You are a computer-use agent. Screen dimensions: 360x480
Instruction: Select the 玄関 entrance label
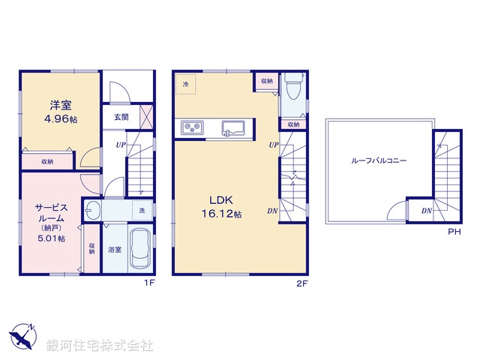[x=121, y=117]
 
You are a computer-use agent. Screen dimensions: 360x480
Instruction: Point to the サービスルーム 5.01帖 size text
[x=52, y=238]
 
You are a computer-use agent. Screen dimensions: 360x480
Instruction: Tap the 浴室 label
[x=114, y=248]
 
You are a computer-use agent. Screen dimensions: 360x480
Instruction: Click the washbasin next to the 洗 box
[x=94, y=209]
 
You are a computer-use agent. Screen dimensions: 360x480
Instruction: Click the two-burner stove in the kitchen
[x=191, y=128]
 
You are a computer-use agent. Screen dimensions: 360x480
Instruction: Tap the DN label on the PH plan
[x=426, y=211]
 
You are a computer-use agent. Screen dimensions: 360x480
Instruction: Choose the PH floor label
[x=453, y=232]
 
